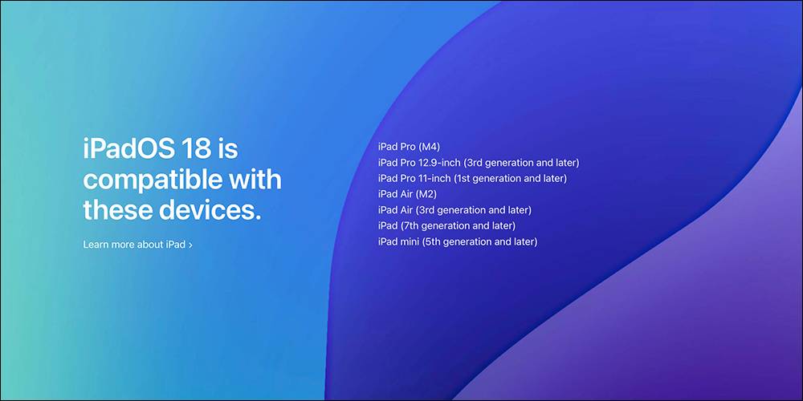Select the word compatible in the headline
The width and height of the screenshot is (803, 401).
(148, 180)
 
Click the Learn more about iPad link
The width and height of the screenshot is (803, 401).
(134, 244)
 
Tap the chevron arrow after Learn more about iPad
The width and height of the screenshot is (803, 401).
(190, 245)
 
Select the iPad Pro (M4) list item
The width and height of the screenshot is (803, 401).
(410, 146)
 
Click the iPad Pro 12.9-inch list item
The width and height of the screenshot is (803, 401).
(478, 162)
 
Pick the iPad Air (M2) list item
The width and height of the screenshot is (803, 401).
(407, 194)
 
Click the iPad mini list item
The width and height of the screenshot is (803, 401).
(457, 241)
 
